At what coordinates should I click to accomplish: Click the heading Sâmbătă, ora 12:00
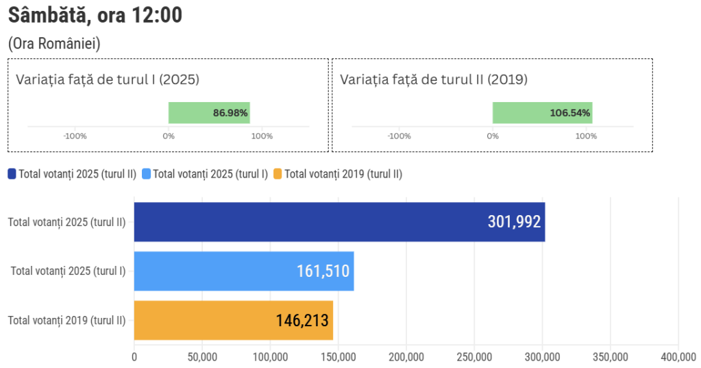click(95, 14)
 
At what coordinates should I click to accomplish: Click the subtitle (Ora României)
click(55, 44)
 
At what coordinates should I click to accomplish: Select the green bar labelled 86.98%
click(209, 112)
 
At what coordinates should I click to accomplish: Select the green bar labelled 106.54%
click(542, 112)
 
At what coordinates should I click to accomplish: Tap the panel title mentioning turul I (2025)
click(108, 79)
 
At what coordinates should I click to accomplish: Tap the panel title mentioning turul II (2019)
click(434, 79)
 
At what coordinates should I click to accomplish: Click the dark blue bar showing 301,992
click(339, 222)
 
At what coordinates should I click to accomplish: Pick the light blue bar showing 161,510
click(243, 271)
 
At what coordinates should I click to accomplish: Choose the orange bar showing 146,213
click(233, 320)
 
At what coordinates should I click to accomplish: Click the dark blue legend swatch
click(12, 174)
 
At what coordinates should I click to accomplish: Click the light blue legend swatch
click(146, 174)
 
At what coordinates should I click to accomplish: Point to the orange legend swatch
click(278, 174)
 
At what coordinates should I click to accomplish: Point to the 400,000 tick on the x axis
click(678, 356)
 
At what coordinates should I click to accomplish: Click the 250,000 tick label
click(474, 356)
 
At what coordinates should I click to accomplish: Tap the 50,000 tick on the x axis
click(202, 356)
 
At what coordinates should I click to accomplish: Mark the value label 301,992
click(514, 222)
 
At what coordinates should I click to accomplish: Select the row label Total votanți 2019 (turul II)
click(66, 320)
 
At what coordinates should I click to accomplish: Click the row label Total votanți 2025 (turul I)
click(68, 271)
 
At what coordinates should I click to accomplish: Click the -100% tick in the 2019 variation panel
click(399, 136)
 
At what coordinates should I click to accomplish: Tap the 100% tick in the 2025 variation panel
click(262, 136)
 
